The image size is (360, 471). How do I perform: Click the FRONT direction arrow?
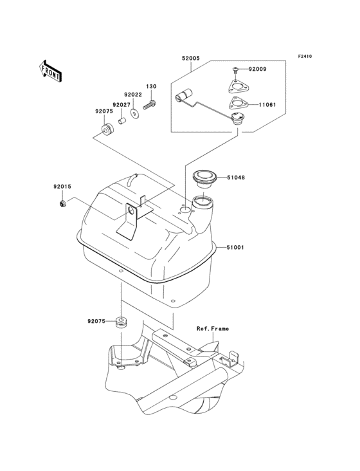[51, 69]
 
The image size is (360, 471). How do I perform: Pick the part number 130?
[151, 86]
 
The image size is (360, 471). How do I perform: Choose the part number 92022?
[133, 95]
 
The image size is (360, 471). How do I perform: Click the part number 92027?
[122, 104]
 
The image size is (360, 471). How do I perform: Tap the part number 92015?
[62, 187]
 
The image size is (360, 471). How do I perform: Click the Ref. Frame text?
[213, 329]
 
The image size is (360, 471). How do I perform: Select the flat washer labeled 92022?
[135, 113]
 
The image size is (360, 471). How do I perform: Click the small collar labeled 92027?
[121, 120]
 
